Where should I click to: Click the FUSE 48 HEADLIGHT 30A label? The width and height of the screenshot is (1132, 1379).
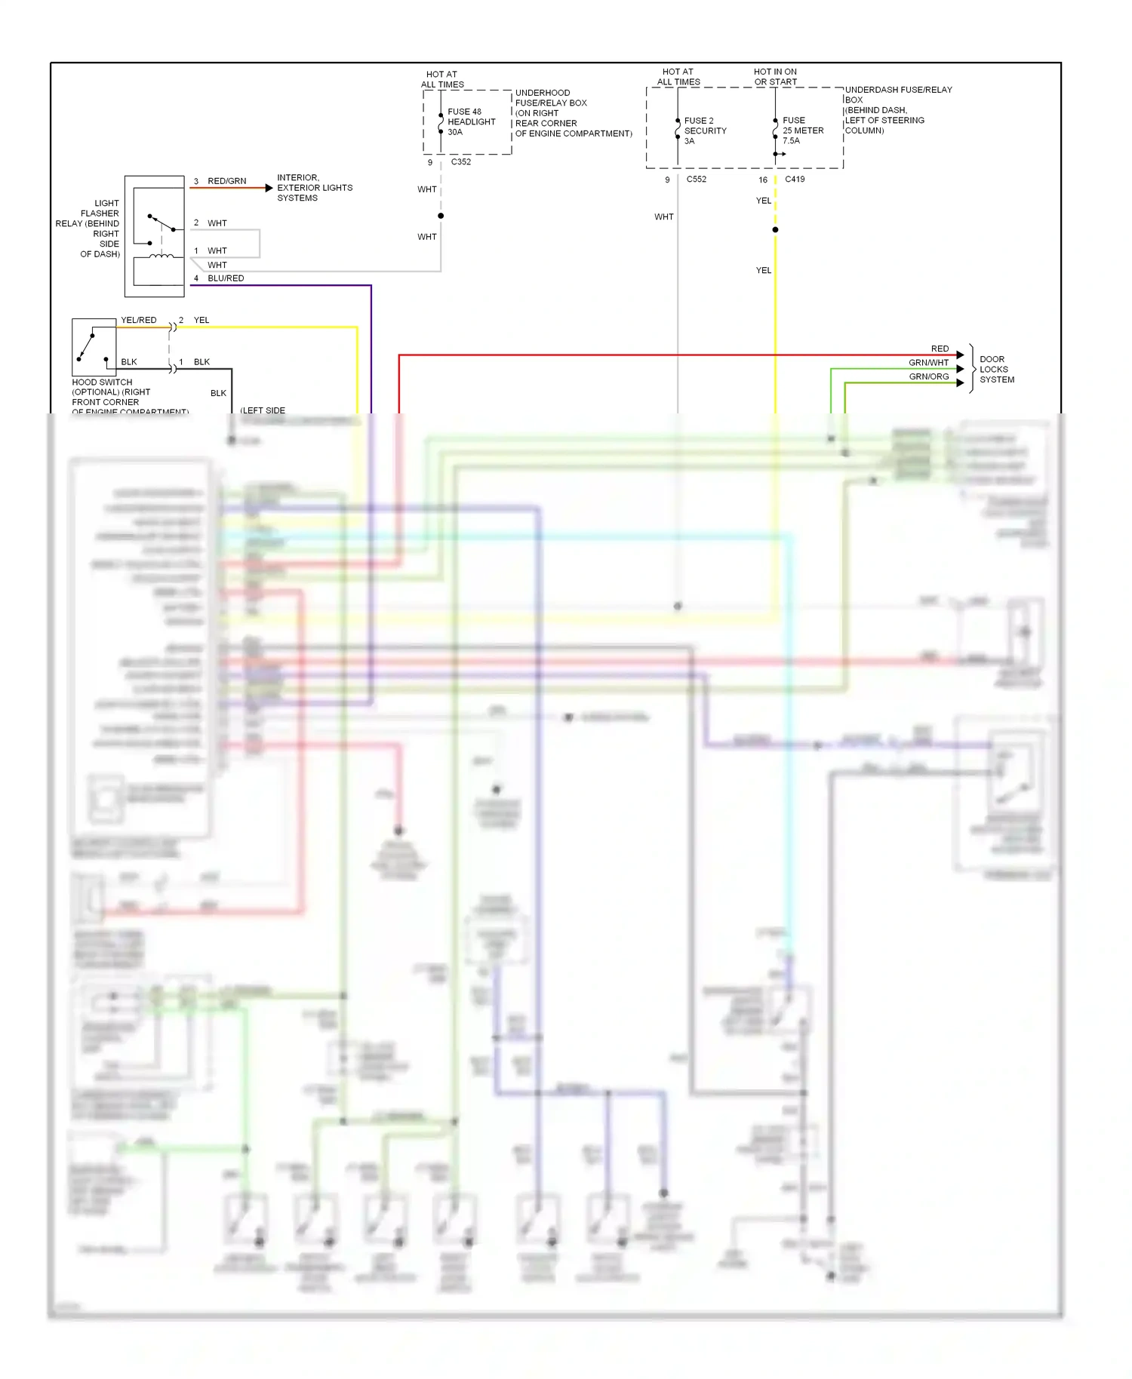pos(471,121)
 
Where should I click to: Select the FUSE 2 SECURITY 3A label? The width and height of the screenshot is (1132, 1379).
pos(705,131)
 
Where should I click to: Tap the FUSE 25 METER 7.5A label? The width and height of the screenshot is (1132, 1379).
pos(802,131)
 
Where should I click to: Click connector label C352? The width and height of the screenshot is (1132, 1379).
pos(460,161)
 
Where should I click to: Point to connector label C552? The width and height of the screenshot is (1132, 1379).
pos(696,180)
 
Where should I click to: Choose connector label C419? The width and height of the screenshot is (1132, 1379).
pos(794,180)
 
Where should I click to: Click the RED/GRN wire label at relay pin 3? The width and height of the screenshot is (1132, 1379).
pos(226,181)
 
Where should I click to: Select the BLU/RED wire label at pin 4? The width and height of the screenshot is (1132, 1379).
pos(226,278)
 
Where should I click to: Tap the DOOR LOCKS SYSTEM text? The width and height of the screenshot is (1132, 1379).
pos(996,370)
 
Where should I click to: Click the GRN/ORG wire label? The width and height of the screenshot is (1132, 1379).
pos(928,376)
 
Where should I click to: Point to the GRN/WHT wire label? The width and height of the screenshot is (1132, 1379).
pos(928,363)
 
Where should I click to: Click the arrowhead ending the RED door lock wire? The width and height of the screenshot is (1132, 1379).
pos(960,355)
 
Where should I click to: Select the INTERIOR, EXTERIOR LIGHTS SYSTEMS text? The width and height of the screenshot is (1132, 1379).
pos(314,188)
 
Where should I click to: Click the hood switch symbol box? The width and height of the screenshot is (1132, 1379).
pos(94,347)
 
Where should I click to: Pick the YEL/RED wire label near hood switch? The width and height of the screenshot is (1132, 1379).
pos(139,320)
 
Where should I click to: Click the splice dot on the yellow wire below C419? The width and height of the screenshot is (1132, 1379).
pos(775,229)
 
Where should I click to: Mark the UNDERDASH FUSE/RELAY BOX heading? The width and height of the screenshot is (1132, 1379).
pos(897,94)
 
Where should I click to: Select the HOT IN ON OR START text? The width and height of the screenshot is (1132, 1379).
pos(775,77)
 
